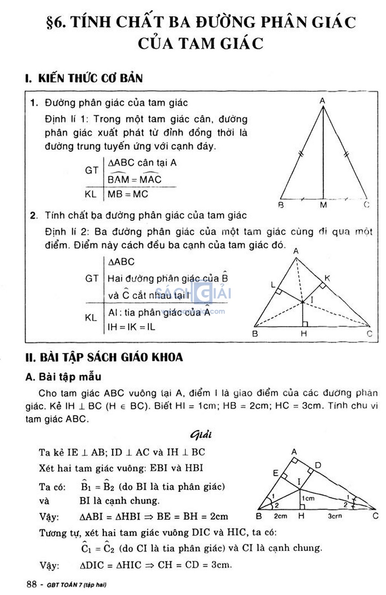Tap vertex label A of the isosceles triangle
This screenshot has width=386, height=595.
(322, 101)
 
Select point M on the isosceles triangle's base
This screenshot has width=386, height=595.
(323, 205)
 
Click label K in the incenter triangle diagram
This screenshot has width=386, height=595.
(327, 278)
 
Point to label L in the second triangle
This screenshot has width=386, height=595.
(273, 285)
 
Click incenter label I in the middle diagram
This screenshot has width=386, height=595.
(311, 300)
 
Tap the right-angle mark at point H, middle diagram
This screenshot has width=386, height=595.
(305, 324)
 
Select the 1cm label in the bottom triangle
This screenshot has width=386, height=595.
(308, 498)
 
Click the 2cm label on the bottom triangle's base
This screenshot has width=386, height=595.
(280, 516)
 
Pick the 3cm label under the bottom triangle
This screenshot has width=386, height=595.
(335, 516)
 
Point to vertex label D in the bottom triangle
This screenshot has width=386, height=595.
(318, 465)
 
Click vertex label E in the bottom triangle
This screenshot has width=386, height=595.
(276, 473)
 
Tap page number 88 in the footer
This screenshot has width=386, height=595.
(32, 584)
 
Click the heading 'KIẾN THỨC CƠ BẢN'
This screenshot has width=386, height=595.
(90, 78)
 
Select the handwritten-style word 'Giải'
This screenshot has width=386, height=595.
(201, 435)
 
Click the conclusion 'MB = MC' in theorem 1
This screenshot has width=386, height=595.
(128, 194)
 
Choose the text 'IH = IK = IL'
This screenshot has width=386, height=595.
(131, 327)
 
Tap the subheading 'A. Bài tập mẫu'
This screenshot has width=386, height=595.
(63, 377)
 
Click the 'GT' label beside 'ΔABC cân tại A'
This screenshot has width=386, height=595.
(92, 170)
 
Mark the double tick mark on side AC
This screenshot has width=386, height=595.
(347, 153)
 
